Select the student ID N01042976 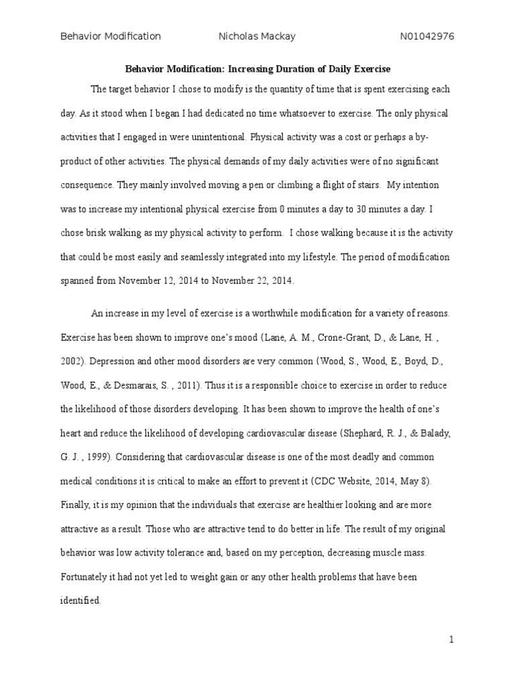[427, 36]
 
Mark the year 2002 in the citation [72, 361]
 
